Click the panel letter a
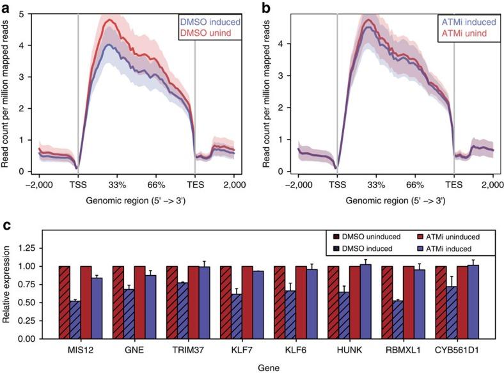tap(6, 8)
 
